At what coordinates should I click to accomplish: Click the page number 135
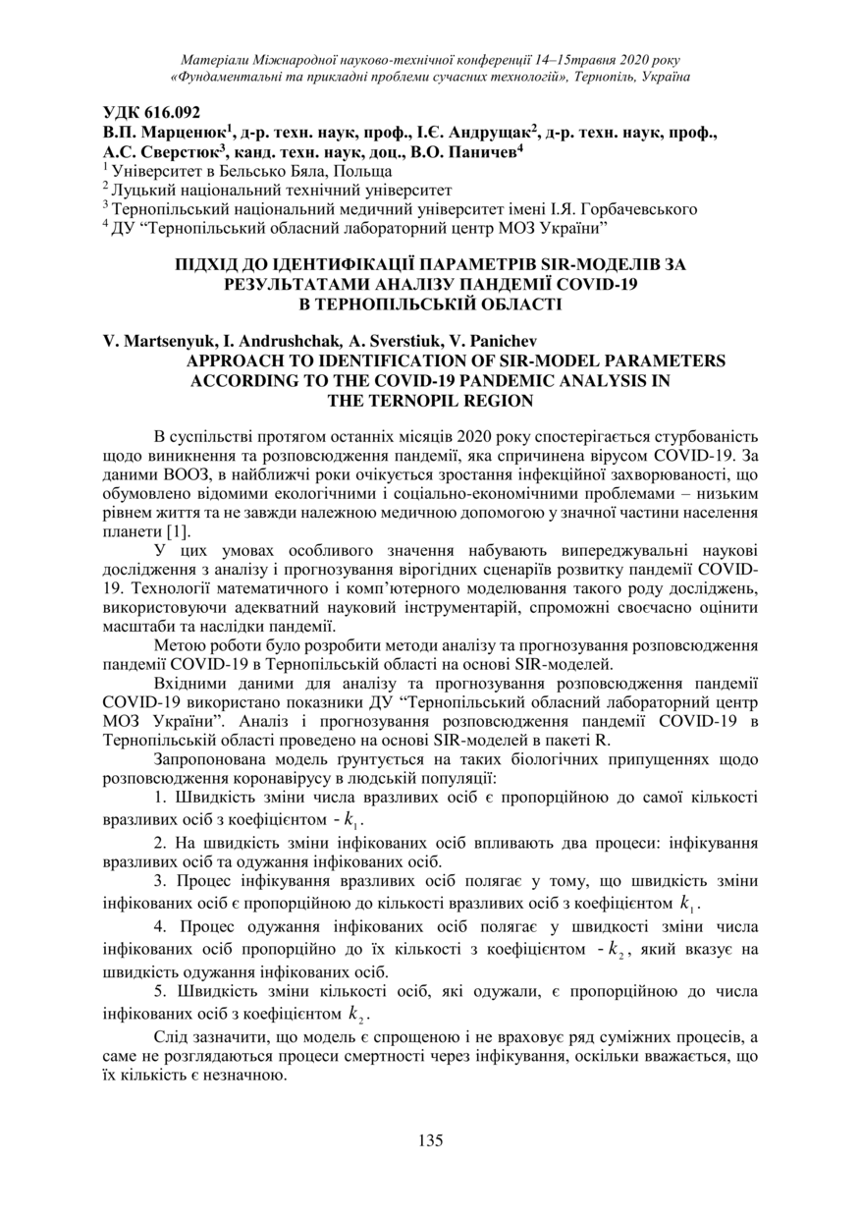click(x=430, y=1140)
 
